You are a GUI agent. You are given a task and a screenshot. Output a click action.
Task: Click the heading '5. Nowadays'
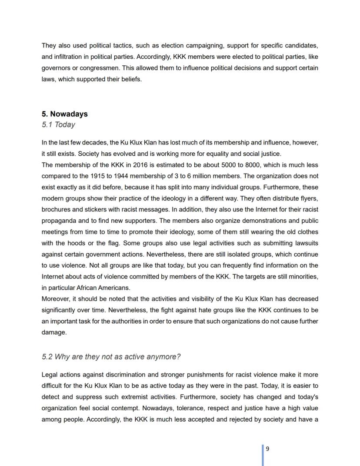pyautogui.click(x=64, y=114)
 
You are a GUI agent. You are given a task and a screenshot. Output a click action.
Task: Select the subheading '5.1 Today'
pyautogui.click(x=58, y=125)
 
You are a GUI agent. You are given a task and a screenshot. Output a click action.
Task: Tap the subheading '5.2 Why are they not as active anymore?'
pyautogui.click(x=111, y=357)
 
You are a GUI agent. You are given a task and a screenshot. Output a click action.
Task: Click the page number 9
pyautogui.click(x=267, y=449)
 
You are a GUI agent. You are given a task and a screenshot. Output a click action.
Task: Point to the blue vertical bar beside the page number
pyautogui.click(x=263, y=455)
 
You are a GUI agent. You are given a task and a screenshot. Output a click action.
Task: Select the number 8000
pyautogui.click(x=250, y=165)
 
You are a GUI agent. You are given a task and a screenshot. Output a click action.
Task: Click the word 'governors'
pyautogui.click(x=55, y=68)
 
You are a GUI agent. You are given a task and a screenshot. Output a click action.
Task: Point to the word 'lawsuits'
pyautogui.click(x=305, y=243)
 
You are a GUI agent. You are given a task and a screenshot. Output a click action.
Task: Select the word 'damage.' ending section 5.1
pyautogui.click(x=54, y=332)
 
